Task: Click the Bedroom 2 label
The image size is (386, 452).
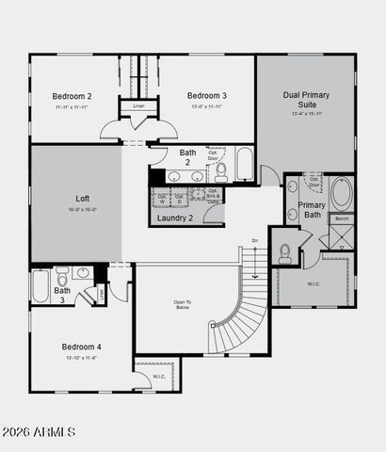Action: click(72, 96)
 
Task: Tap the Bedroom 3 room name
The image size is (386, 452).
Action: click(206, 96)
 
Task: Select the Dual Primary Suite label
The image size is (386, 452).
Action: click(305, 101)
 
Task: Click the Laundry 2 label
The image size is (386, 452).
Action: click(175, 218)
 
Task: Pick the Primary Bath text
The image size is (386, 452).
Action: click(312, 211)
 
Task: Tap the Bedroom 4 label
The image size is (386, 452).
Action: click(82, 347)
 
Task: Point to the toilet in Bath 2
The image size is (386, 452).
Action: click(220, 171)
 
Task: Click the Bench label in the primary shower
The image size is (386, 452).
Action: click(342, 219)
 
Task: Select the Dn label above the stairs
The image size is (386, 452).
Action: click(254, 241)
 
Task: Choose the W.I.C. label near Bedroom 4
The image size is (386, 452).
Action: click(159, 377)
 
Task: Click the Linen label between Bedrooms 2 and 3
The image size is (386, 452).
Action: click(138, 106)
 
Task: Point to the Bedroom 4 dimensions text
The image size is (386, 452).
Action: click(82, 358)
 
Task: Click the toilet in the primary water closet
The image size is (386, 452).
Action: click(284, 251)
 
